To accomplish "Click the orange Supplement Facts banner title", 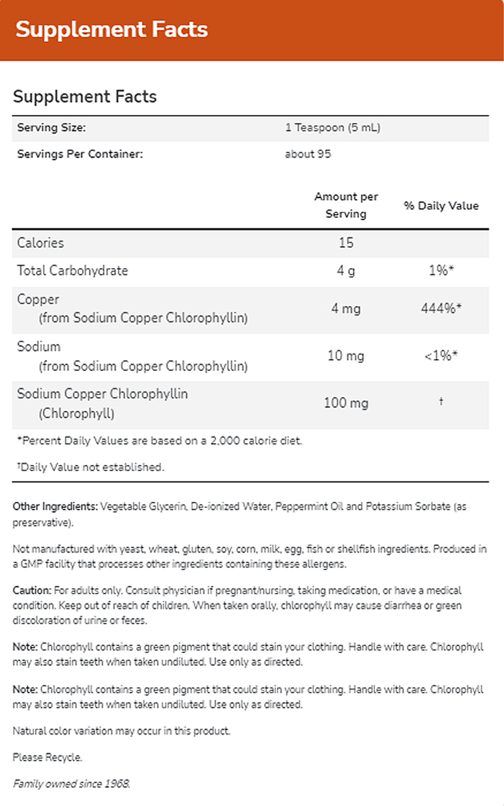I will (x=111, y=29).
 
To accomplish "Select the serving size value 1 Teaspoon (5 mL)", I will (x=333, y=127).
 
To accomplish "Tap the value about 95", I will (x=308, y=154).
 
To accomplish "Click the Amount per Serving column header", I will (x=346, y=205).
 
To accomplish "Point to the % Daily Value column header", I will (x=441, y=206).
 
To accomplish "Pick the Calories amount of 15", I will (x=346, y=243).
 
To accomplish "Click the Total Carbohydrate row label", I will (x=73, y=271).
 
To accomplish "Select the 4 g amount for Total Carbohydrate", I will (x=346, y=271).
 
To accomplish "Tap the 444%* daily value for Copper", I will (x=441, y=308).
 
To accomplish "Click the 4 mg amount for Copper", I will (x=346, y=308).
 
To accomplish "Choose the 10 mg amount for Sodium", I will (x=346, y=356).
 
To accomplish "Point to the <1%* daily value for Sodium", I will (x=441, y=356).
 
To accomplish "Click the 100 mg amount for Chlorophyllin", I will (x=346, y=403).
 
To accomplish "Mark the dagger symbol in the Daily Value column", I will (x=441, y=401).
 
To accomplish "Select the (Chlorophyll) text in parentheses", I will (x=77, y=414).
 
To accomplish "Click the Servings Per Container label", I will (x=80, y=154).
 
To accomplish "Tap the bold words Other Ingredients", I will (x=55, y=506).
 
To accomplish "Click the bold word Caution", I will (x=32, y=590).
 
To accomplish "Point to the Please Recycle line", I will (x=47, y=757).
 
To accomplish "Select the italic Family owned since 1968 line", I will (x=72, y=784).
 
